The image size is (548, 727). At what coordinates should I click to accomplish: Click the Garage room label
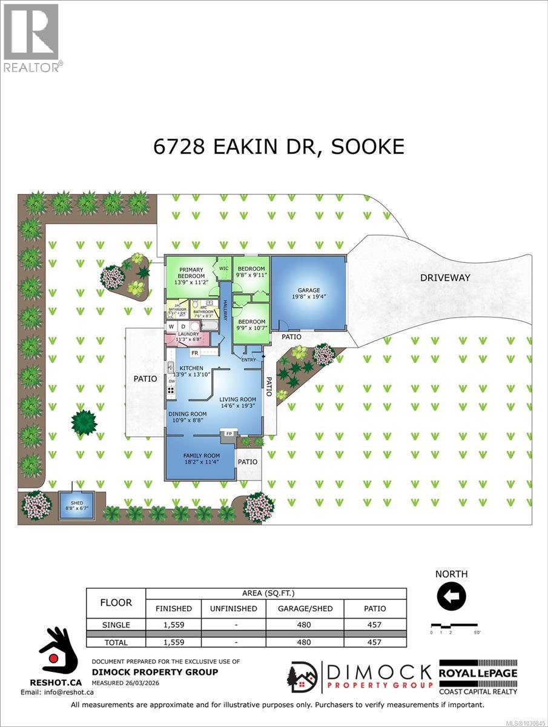[x=308, y=290]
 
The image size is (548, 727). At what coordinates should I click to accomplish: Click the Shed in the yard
[x=76, y=505]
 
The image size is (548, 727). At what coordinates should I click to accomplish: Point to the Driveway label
[x=445, y=278]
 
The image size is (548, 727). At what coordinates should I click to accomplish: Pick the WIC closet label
[x=223, y=268]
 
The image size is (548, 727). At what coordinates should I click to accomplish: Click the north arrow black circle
[x=451, y=597]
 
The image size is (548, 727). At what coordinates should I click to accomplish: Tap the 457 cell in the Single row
[x=375, y=625]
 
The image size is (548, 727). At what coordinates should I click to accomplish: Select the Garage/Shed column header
[x=305, y=608]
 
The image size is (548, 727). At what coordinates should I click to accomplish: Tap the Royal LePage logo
[x=478, y=677]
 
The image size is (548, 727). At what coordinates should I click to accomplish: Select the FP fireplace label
[x=229, y=434]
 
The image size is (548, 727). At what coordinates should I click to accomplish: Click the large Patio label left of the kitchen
[x=145, y=379]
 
